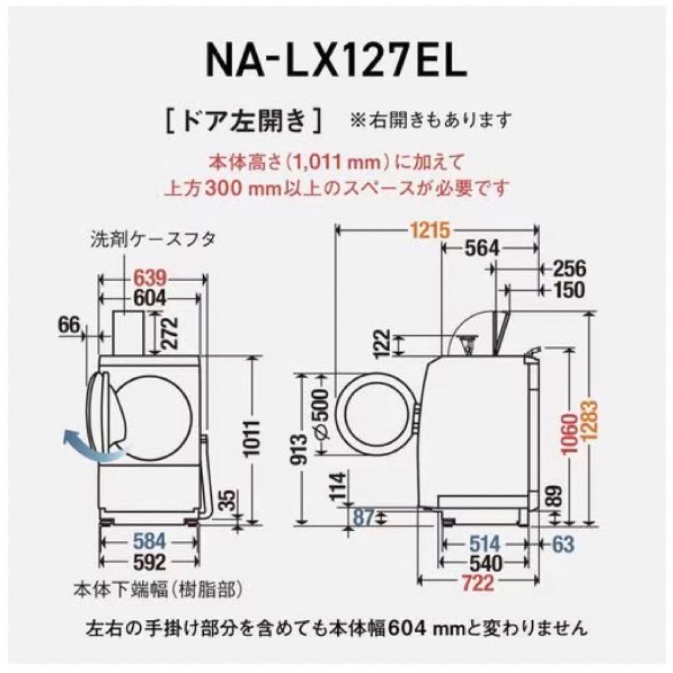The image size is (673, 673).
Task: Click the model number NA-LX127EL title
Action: (336, 60)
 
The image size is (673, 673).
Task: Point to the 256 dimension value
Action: (570, 269)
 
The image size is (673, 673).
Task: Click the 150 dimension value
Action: (568, 289)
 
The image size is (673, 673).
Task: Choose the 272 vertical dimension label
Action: (164, 333)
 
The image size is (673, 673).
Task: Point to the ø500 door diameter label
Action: (320, 414)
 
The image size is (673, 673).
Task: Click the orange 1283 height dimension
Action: (591, 419)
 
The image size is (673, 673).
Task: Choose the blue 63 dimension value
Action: (563, 543)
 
